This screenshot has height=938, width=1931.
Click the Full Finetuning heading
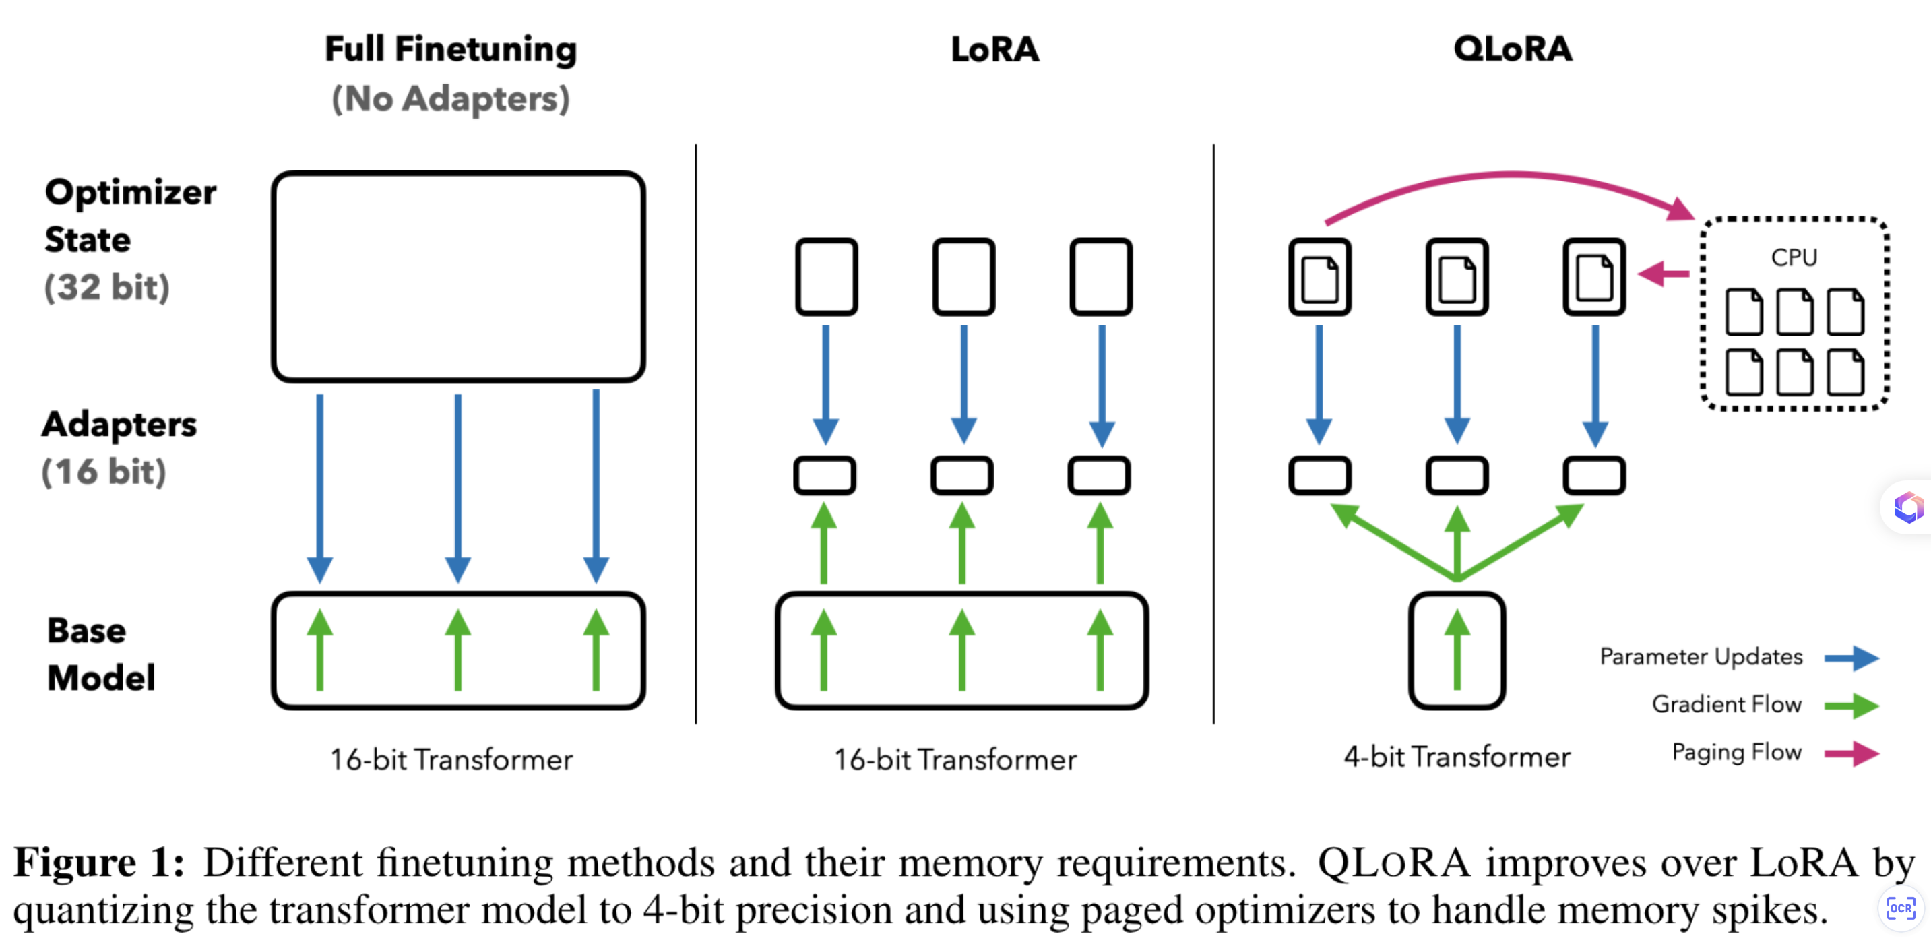click(451, 49)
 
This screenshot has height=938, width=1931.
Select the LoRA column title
click(994, 49)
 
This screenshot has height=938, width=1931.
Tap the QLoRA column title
click(1512, 49)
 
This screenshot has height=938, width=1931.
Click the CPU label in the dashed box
click(1794, 257)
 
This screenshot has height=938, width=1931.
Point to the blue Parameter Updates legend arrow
click(1851, 658)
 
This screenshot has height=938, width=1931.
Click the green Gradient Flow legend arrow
click(1851, 706)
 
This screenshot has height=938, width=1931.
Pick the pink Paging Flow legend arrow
click(1851, 753)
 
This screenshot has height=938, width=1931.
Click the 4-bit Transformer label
click(1457, 757)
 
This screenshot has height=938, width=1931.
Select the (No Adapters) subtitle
click(451, 99)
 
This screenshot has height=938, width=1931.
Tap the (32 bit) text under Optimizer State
click(107, 287)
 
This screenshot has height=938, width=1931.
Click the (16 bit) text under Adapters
click(104, 472)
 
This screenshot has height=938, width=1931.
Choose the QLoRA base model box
click(1457, 651)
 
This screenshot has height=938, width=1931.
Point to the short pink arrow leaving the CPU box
click(1664, 273)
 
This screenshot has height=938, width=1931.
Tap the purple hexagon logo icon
click(1909, 507)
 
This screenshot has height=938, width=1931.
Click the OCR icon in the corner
click(1901, 908)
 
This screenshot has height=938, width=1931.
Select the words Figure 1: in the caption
click(100, 863)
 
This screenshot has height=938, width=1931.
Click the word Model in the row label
click(101, 678)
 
